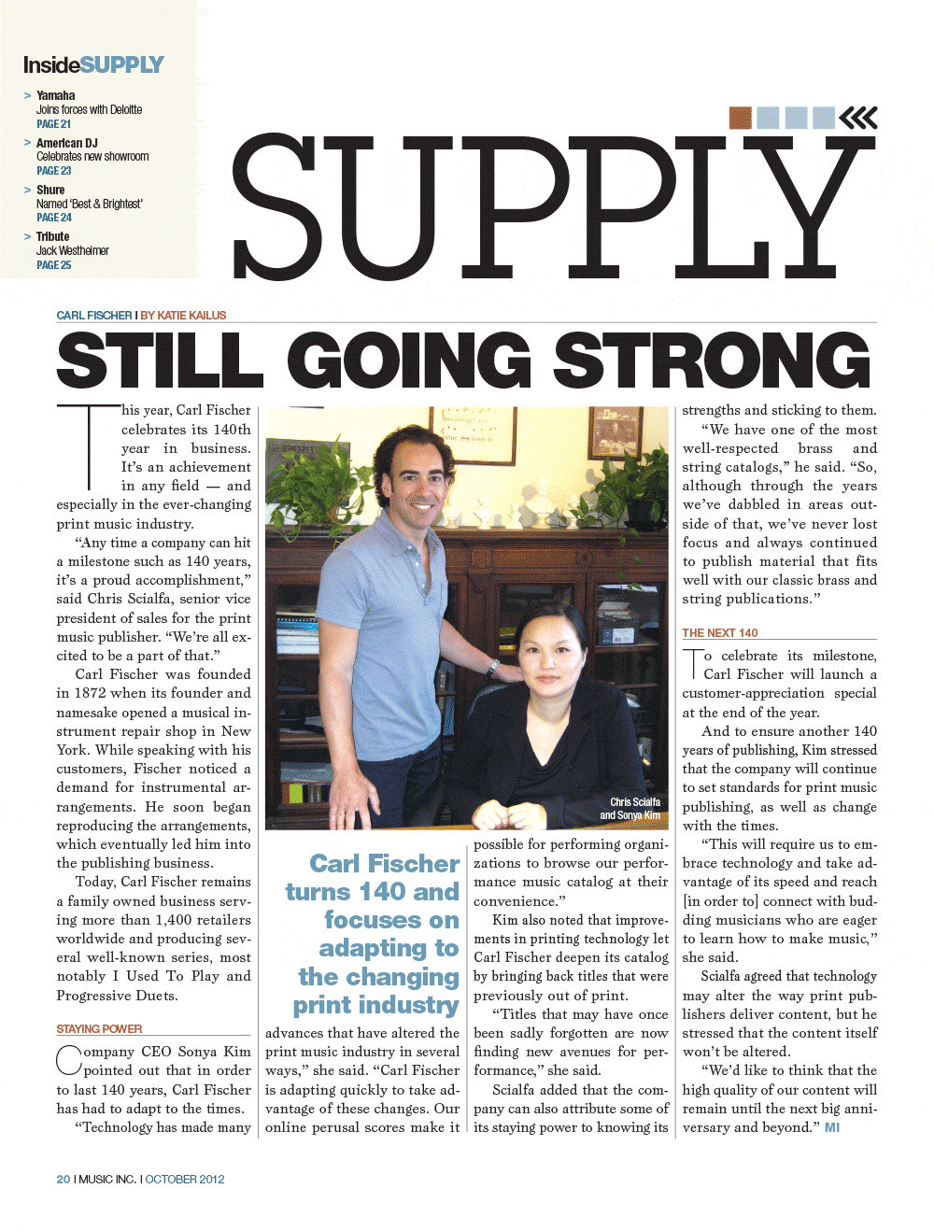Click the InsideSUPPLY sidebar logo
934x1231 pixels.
pos(93,64)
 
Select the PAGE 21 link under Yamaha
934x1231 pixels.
pos(53,123)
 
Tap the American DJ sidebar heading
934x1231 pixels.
pos(66,143)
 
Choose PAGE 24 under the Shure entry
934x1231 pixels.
pos(53,218)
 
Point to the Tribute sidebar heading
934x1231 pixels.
pos(52,236)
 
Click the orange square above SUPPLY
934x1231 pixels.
pos(740,118)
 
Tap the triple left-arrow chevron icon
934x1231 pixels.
pos(858,118)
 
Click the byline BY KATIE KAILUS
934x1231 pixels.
pos(183,316)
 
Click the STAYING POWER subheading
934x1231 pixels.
pos(99,1028)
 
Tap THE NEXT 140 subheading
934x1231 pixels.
pos(719,632)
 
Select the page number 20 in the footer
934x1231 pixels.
pos(63,1180)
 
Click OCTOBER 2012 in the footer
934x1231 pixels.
pos(185,1180)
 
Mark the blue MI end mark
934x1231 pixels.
pos(832,1127)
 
